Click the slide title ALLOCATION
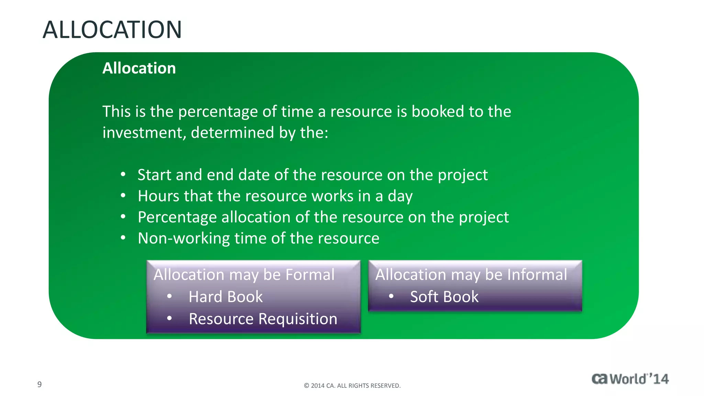[112, 30]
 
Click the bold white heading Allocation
[139, 68]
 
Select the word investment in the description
[144, 133]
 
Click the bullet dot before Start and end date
[123, 174]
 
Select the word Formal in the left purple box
[310, 275]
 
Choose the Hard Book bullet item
[225, 297]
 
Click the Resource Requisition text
[263, 319]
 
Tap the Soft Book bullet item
[444, 297]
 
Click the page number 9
[40, 384]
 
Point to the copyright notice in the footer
[352, 386]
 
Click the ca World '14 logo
[630, 379]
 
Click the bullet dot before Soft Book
[391, 296]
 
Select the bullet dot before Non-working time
[123, 238]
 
